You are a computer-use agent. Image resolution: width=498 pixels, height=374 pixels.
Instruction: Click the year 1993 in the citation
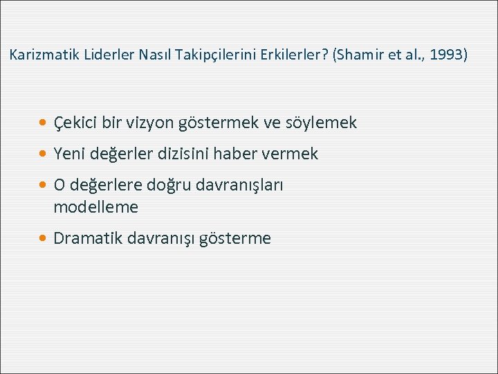click(446, 54)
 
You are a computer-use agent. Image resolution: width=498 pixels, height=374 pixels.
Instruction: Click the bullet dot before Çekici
click(44, 123)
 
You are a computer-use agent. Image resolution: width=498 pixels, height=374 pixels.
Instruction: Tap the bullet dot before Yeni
click(44, 154)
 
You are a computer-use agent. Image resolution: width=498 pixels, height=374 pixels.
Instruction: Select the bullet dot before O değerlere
click(44, 186)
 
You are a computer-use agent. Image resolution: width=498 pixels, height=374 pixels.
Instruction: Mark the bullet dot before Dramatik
click(44, 239)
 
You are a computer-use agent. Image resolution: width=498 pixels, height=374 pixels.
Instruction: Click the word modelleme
click(95, 207)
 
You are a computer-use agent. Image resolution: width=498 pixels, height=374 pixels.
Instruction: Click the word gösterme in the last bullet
click(234, 239)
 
